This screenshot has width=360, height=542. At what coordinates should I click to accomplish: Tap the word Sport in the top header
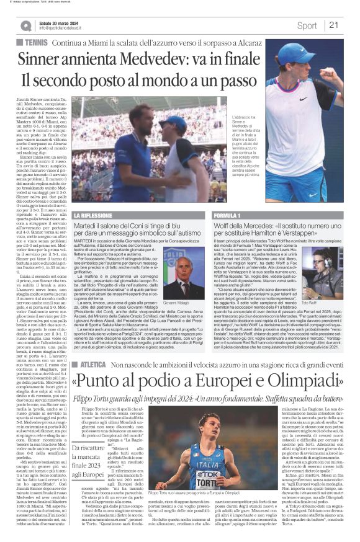[x=307, y=25]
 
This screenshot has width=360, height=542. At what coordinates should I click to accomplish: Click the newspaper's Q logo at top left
[x=25, y=25]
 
